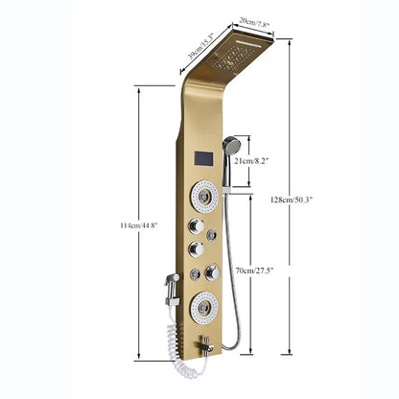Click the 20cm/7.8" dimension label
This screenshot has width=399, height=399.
252,23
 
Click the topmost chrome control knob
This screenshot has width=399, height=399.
198,226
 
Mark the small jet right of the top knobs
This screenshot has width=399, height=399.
213,234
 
